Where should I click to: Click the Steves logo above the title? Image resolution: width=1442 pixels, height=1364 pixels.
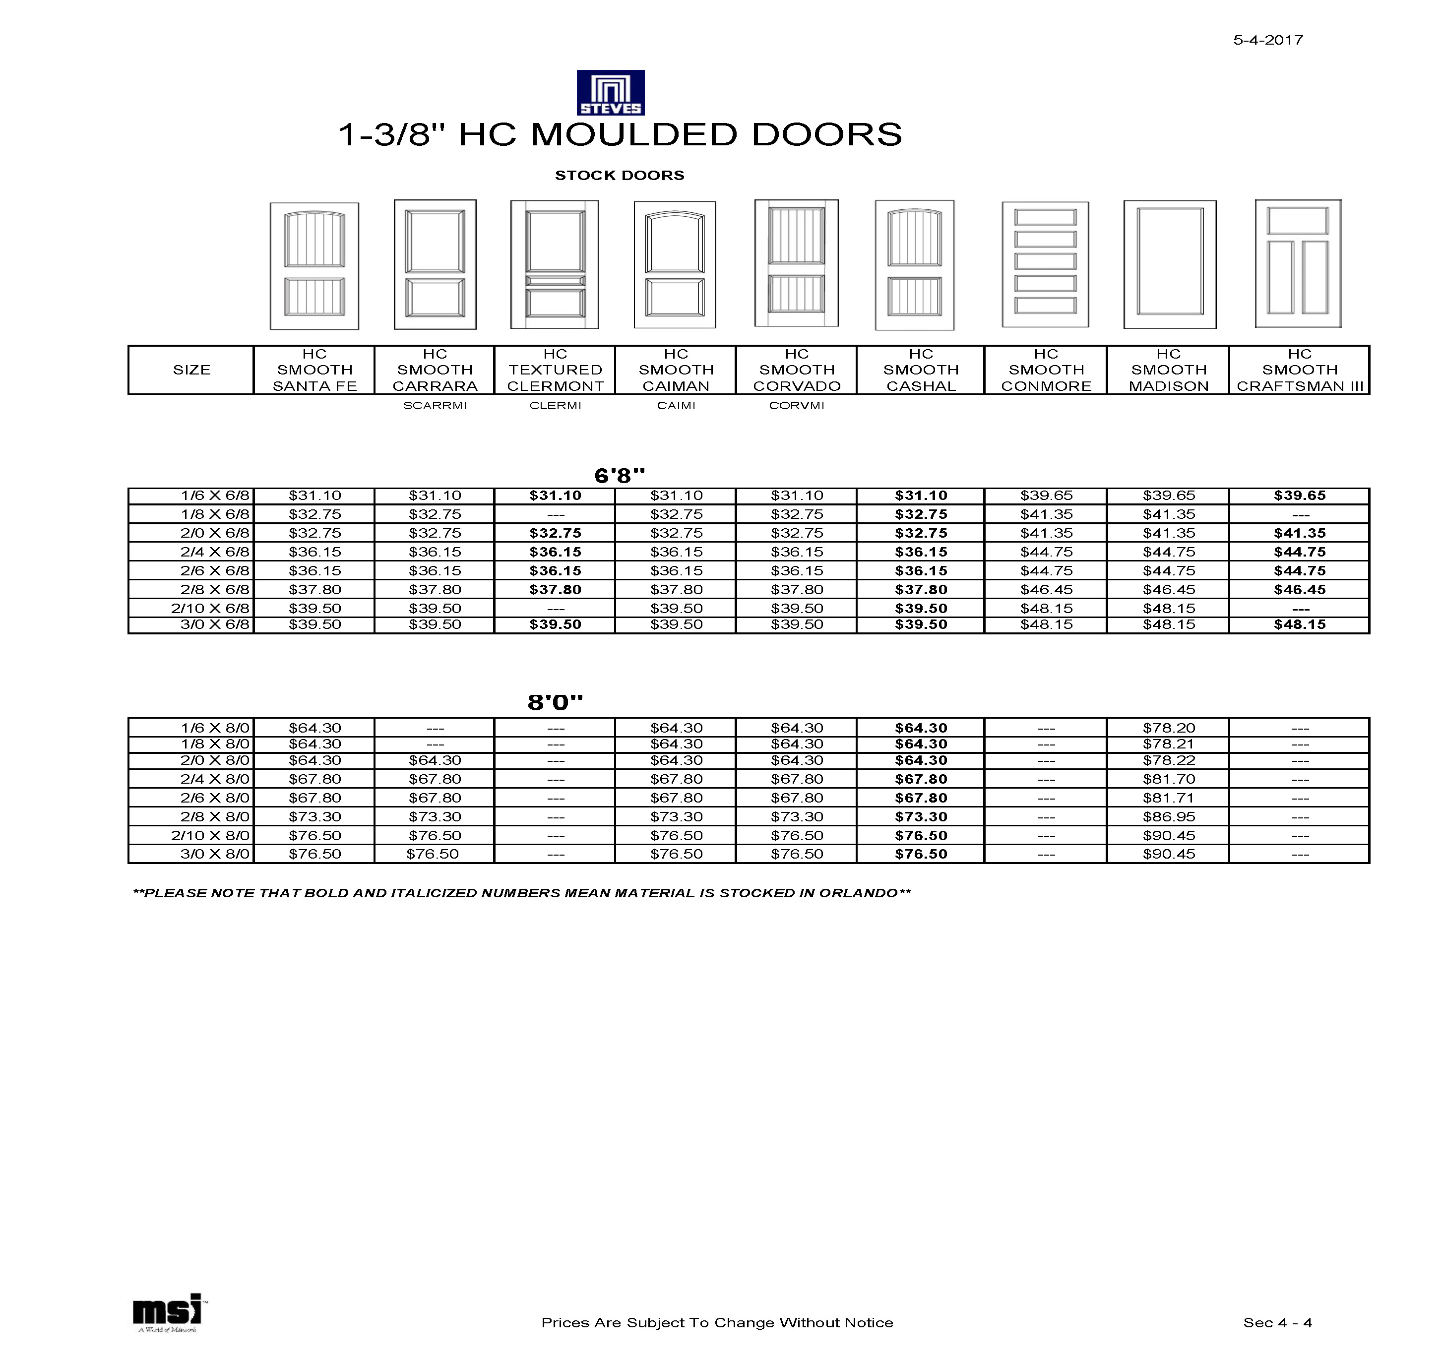pyautogui.click(x=610, y=92)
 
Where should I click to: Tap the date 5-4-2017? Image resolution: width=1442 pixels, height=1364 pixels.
pyautogui.click(x=1267, y=40)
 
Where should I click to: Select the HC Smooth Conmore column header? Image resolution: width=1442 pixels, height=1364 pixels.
pyautogui.click(x=1046, y=370)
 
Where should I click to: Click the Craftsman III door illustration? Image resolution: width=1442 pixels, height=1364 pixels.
pyautogui.click(x=1298, y=264)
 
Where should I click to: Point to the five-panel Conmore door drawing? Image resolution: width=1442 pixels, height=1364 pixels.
pyautogui.click(x=1045, y=265)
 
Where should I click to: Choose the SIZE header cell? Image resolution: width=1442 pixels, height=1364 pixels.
pyautogui.click(x=191, y=370)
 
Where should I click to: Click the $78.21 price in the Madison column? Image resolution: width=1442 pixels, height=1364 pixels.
pyautogui.click(x=1169, y=744)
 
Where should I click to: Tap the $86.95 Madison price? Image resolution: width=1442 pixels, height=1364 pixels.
pyautogui.click(x=1169, y=816)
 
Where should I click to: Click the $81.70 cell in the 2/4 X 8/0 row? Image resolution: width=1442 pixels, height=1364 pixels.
pyautogui.click(x=1169, y=779)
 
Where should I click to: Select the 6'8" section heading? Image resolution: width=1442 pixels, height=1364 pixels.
pyautogui.click(x=620, y=476)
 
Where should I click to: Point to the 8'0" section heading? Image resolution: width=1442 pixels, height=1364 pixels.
pyautogui.click(x=556, y=702)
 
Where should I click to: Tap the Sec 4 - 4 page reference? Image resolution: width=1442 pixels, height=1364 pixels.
pyautogui.click(x=1278, y=1322)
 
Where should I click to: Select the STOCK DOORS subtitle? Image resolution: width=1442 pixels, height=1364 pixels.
pyautogui.click(x=620, y=175)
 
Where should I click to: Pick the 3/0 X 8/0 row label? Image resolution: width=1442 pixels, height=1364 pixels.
pyautogui.click(x=214, y=854)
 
